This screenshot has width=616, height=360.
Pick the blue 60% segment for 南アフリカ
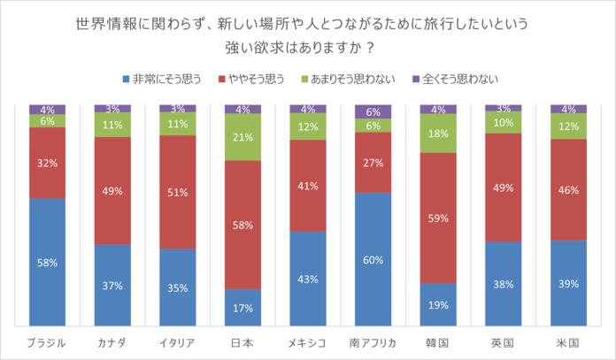(373, 261)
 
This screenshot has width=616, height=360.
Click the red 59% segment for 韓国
(438, 218)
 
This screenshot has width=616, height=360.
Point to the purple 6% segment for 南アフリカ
(373, 111)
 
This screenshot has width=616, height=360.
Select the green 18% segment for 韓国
(438, 134)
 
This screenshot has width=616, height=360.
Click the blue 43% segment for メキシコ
(308, 280)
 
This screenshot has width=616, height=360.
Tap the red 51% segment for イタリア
(178, 192)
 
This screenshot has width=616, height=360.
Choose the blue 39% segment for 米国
(568, 284)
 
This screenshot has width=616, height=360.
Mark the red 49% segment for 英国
(503, 188)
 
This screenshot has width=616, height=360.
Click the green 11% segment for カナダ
(112, 125)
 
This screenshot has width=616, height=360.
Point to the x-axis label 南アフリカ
(373, 343)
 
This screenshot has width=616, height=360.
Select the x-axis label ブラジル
(48, 343)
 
